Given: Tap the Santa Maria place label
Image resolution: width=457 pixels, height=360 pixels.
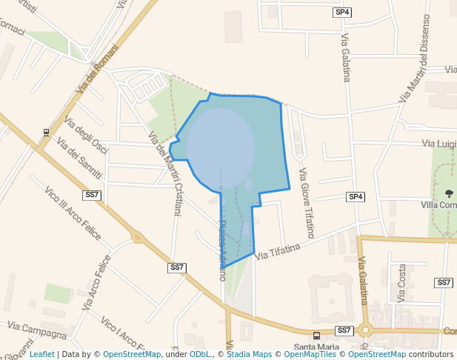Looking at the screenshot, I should coord(316,347).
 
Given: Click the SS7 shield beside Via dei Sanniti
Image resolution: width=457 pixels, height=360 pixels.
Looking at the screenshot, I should coord(92,195).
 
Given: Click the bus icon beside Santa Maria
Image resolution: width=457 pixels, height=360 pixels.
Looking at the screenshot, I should coord(317,336).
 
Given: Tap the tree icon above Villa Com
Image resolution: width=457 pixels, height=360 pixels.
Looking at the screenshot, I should coord(449,193).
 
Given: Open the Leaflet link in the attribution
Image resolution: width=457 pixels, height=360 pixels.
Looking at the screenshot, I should coord(42,354).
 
